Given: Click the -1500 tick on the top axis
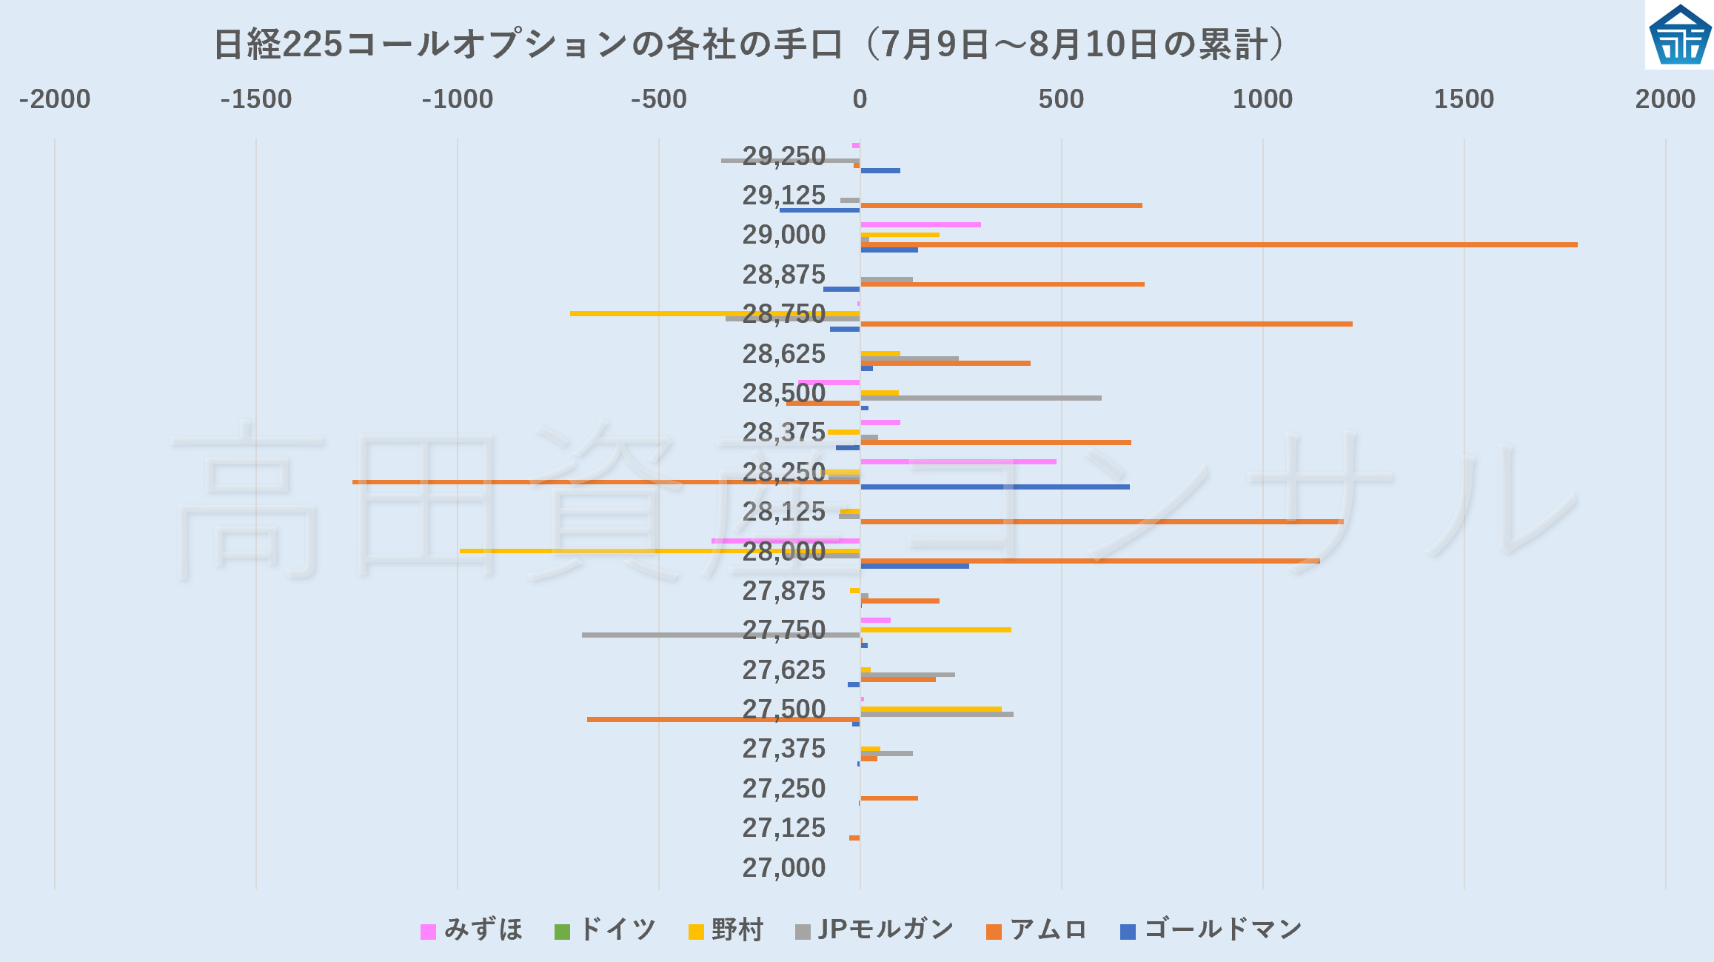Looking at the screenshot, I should [256, 99].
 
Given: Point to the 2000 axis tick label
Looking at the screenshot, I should [1665, 99].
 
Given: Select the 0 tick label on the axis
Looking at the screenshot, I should [860, 99].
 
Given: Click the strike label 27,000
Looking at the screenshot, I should [783, 867].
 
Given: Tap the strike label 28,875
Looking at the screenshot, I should [783, 275].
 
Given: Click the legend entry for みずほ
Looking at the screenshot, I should [472, 929].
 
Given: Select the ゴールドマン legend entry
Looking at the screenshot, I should [1211, 929].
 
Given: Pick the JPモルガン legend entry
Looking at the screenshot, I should [874, 929].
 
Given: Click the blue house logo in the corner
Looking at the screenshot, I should [1680, 35].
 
